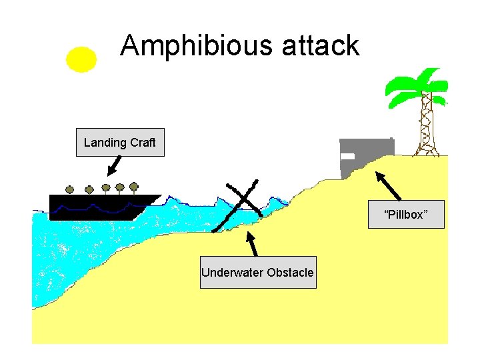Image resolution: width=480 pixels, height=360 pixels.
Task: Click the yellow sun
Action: (81, 59)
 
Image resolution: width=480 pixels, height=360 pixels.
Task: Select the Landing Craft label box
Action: (120, 142)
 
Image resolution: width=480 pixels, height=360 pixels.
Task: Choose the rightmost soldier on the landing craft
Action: (133, 186)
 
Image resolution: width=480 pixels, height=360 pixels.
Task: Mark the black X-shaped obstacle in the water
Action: (238, 203)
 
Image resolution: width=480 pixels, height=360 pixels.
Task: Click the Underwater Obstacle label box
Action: (258, 272)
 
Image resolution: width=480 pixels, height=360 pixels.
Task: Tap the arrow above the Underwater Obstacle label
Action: (252, 244)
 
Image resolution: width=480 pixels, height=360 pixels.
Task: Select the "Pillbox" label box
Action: (405, 215)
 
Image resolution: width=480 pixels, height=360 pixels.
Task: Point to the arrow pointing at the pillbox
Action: (389, 186)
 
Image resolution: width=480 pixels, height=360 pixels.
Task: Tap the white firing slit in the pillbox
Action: (347, 156)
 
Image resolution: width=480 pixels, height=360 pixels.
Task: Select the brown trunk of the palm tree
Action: (425, 127)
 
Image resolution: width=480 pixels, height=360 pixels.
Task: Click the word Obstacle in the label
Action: (290, 272)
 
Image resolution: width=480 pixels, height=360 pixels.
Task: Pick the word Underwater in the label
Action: (231, 272)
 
